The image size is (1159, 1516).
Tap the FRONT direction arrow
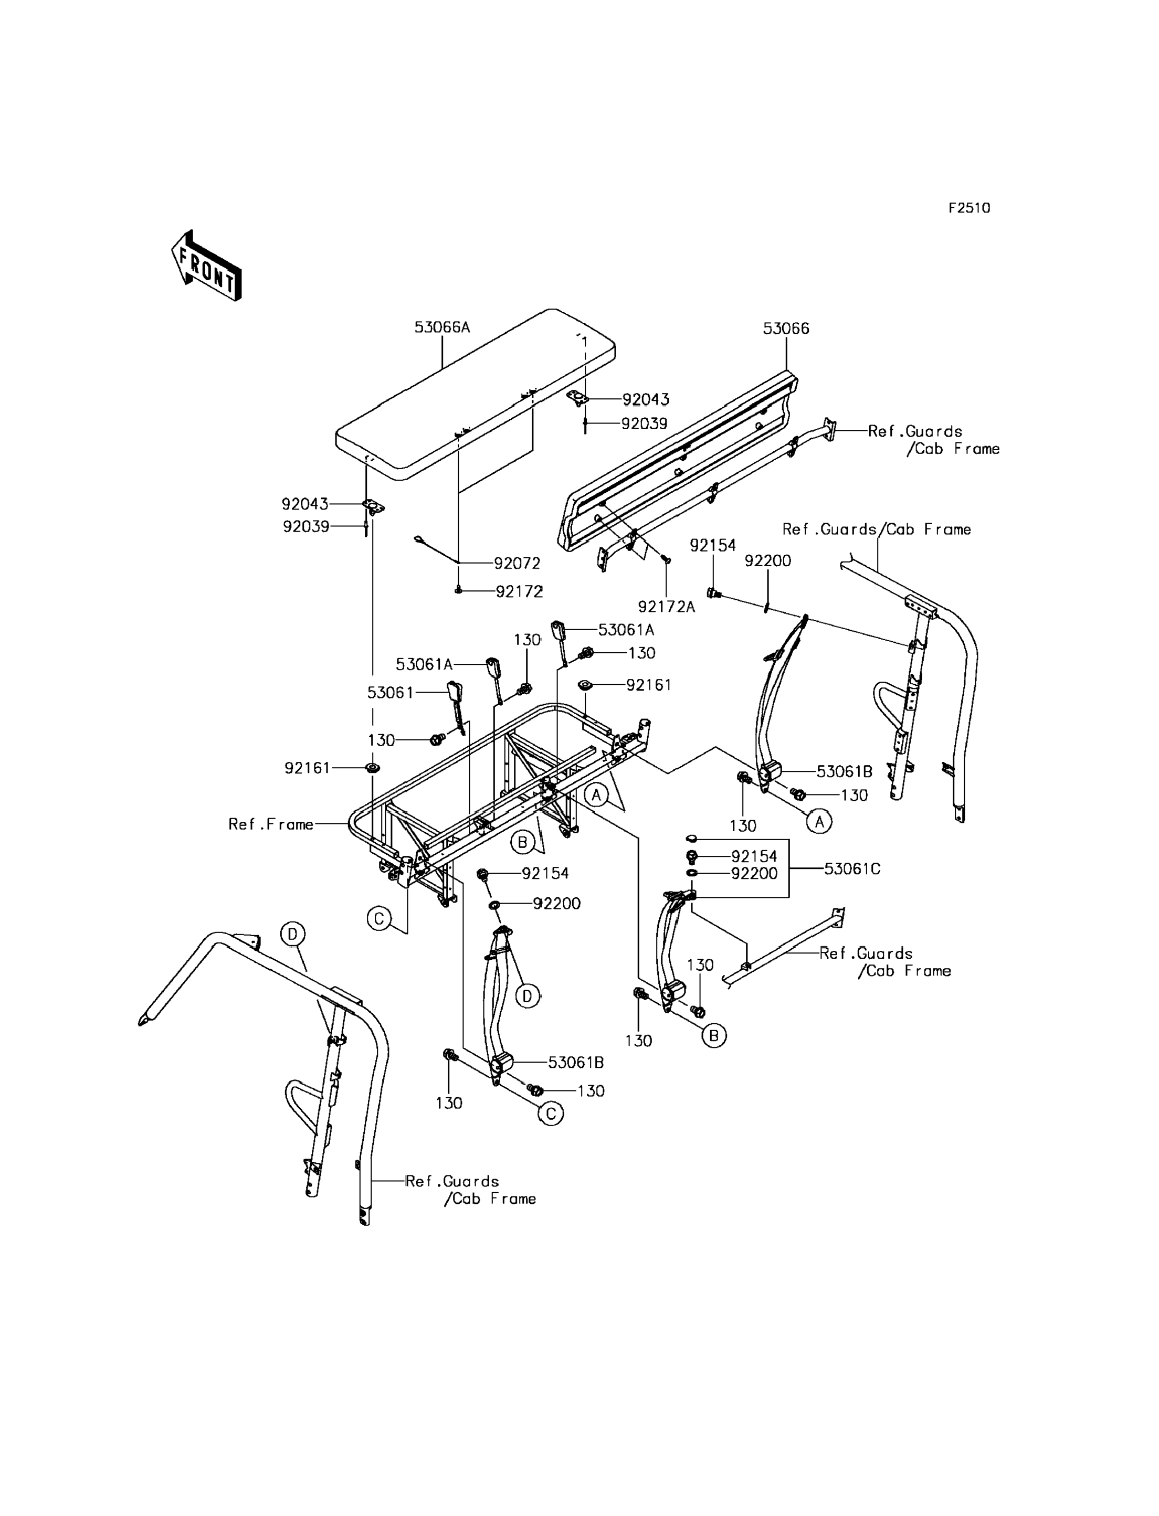point(206,267)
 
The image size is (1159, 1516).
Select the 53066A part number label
point(441,327)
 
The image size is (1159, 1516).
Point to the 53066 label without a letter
point(786,328)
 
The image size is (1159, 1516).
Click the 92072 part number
point(517,564)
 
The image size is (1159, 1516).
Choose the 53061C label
point(852,869)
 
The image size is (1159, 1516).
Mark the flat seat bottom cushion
point(476,393)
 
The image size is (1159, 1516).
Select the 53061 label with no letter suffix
point(390,693)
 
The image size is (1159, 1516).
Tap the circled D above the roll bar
point(292,935)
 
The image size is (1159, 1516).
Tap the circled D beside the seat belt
point(527,996)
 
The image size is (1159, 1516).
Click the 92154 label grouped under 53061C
point(754,856)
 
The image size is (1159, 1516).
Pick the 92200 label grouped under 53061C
point(754,874)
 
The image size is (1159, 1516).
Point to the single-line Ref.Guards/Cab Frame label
point(876,529)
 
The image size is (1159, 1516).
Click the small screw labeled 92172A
point(667,559)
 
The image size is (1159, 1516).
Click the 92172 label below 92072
point(519,592)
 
